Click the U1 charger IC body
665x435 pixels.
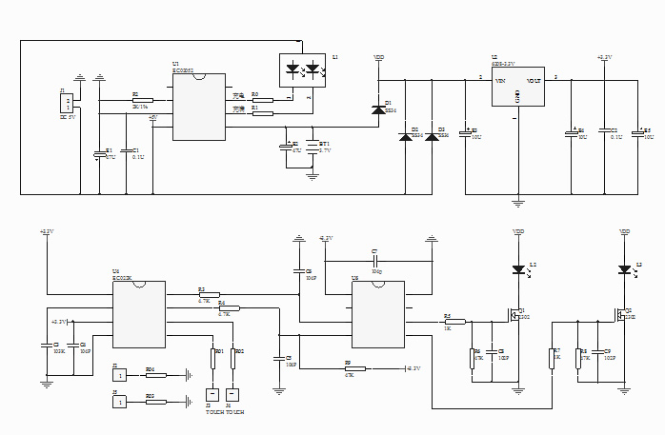pyautogui.click(x=199, y=107)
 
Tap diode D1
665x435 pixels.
pyautogui.click(x=378, y=110)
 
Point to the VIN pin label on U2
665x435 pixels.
pyautogui.click(x=500, y=82)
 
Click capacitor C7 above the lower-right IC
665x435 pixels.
pyautogui.click(x=375, y=261)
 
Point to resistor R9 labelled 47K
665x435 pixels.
pyautogui.click(x=350, y=367)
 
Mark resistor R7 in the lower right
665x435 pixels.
pyautogui.click(x=552, y=357)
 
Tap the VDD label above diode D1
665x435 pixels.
pyautogui.click(x=378, y=58)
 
